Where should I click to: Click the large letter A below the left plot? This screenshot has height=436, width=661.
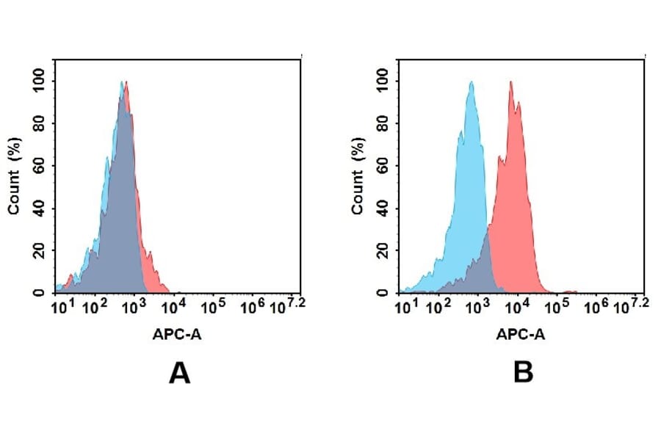pos(179,374)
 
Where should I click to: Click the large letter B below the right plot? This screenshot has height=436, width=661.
pos(522,374)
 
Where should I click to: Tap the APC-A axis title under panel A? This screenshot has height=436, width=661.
pos(177,335)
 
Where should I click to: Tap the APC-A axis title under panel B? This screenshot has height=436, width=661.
pos(520,335)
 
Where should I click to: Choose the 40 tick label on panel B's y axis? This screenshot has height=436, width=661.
pos(382,208)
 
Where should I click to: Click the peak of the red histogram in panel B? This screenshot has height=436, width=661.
pos(510,82)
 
